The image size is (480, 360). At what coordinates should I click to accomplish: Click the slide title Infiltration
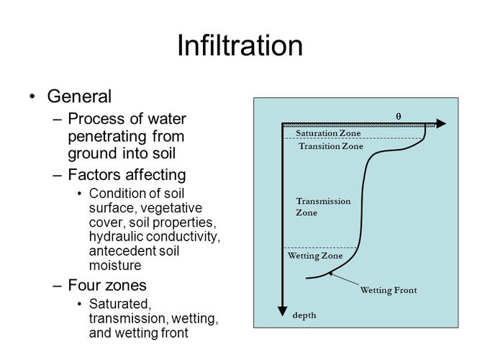(240, 46)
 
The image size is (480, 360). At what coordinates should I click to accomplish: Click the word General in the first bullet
(79, 96)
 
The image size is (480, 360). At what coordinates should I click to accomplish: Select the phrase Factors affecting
(127, 174)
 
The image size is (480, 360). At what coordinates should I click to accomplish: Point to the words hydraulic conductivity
(155, 236)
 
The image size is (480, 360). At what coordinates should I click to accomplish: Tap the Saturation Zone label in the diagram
(328, 133)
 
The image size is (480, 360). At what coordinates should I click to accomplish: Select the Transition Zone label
(331, 146)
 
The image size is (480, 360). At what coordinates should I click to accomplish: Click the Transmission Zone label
(323, 207)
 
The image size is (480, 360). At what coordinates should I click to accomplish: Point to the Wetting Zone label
(315, 256)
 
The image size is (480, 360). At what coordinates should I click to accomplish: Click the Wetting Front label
(388, 291)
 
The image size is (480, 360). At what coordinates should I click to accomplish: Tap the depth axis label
(304, 315)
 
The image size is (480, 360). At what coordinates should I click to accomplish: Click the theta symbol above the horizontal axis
(399, 116)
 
